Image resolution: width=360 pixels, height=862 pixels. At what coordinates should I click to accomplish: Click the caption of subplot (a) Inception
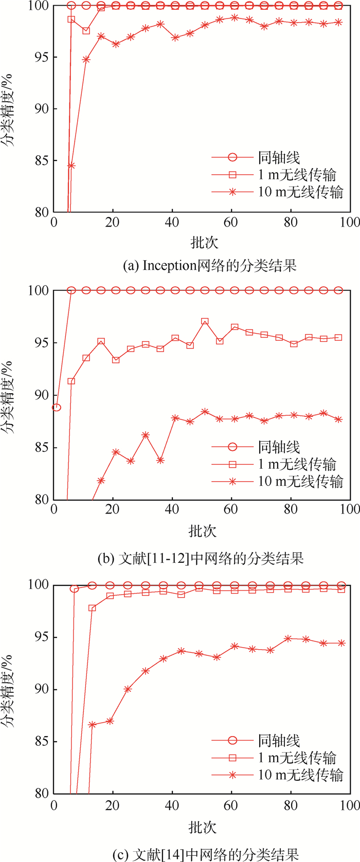[x=210, y=266]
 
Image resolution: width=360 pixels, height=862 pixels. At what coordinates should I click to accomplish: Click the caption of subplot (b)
[x=201, y=558]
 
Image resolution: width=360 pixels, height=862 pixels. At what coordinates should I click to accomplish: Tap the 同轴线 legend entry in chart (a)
[x=278, y=158]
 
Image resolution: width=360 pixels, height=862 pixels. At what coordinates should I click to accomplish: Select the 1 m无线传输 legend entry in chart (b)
[x=297, y=464]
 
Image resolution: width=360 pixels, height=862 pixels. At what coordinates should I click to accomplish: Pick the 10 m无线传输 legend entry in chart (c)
[x=300, y=775]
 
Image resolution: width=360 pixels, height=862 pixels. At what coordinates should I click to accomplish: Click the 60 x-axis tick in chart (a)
[x=232, y=222]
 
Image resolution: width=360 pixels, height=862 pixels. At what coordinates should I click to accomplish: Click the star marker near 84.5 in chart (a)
[x=71, y=166]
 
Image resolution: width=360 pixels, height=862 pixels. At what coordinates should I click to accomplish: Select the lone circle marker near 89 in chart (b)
[x=57, y=408]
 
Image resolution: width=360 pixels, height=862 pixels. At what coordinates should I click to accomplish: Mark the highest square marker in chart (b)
[x=205, y=321]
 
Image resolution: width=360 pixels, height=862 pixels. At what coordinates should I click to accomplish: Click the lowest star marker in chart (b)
[x=101, y=481]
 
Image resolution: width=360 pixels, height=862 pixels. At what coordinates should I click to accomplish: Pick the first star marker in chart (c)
[x=93, y=725]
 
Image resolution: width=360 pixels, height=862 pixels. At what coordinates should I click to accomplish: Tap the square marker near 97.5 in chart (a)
[x=86, y=31]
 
